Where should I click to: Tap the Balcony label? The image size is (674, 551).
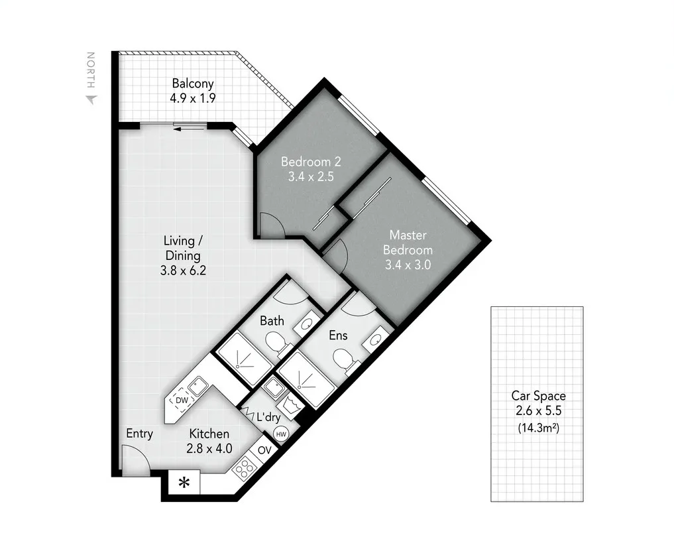click(193, 84)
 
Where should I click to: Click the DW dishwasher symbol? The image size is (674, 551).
click(180, 400)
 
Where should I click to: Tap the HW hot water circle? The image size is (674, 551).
click(281, 434)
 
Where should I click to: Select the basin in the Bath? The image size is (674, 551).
click(307, 324)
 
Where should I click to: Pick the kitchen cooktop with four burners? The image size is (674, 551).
click(245, 468)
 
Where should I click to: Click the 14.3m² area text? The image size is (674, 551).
click(537, 428)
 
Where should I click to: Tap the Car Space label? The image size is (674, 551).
click(538, 396)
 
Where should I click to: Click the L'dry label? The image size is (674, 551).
click(268, 417)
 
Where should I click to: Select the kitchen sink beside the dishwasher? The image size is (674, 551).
click(197, 385)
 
